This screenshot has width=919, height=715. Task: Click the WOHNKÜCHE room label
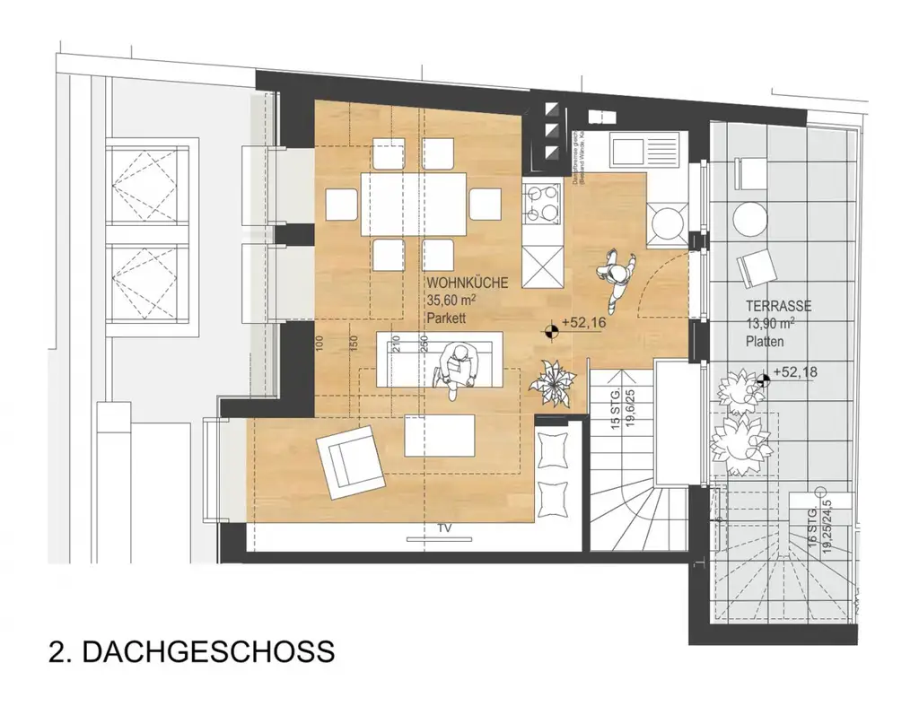(x=473, y=283)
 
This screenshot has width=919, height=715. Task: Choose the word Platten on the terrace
(x=764, y=341)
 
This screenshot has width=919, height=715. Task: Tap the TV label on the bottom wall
(x=443, y=528)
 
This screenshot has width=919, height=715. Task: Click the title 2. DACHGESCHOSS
(x=191, y=650)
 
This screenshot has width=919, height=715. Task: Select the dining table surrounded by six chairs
(x=415, y=205)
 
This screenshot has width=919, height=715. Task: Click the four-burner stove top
(x=543, y=203)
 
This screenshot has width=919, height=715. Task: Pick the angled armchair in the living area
(x=349, y=460)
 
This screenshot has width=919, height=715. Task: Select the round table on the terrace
(x=750, y=218)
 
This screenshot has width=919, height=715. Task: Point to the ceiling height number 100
(x=319, y=343)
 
